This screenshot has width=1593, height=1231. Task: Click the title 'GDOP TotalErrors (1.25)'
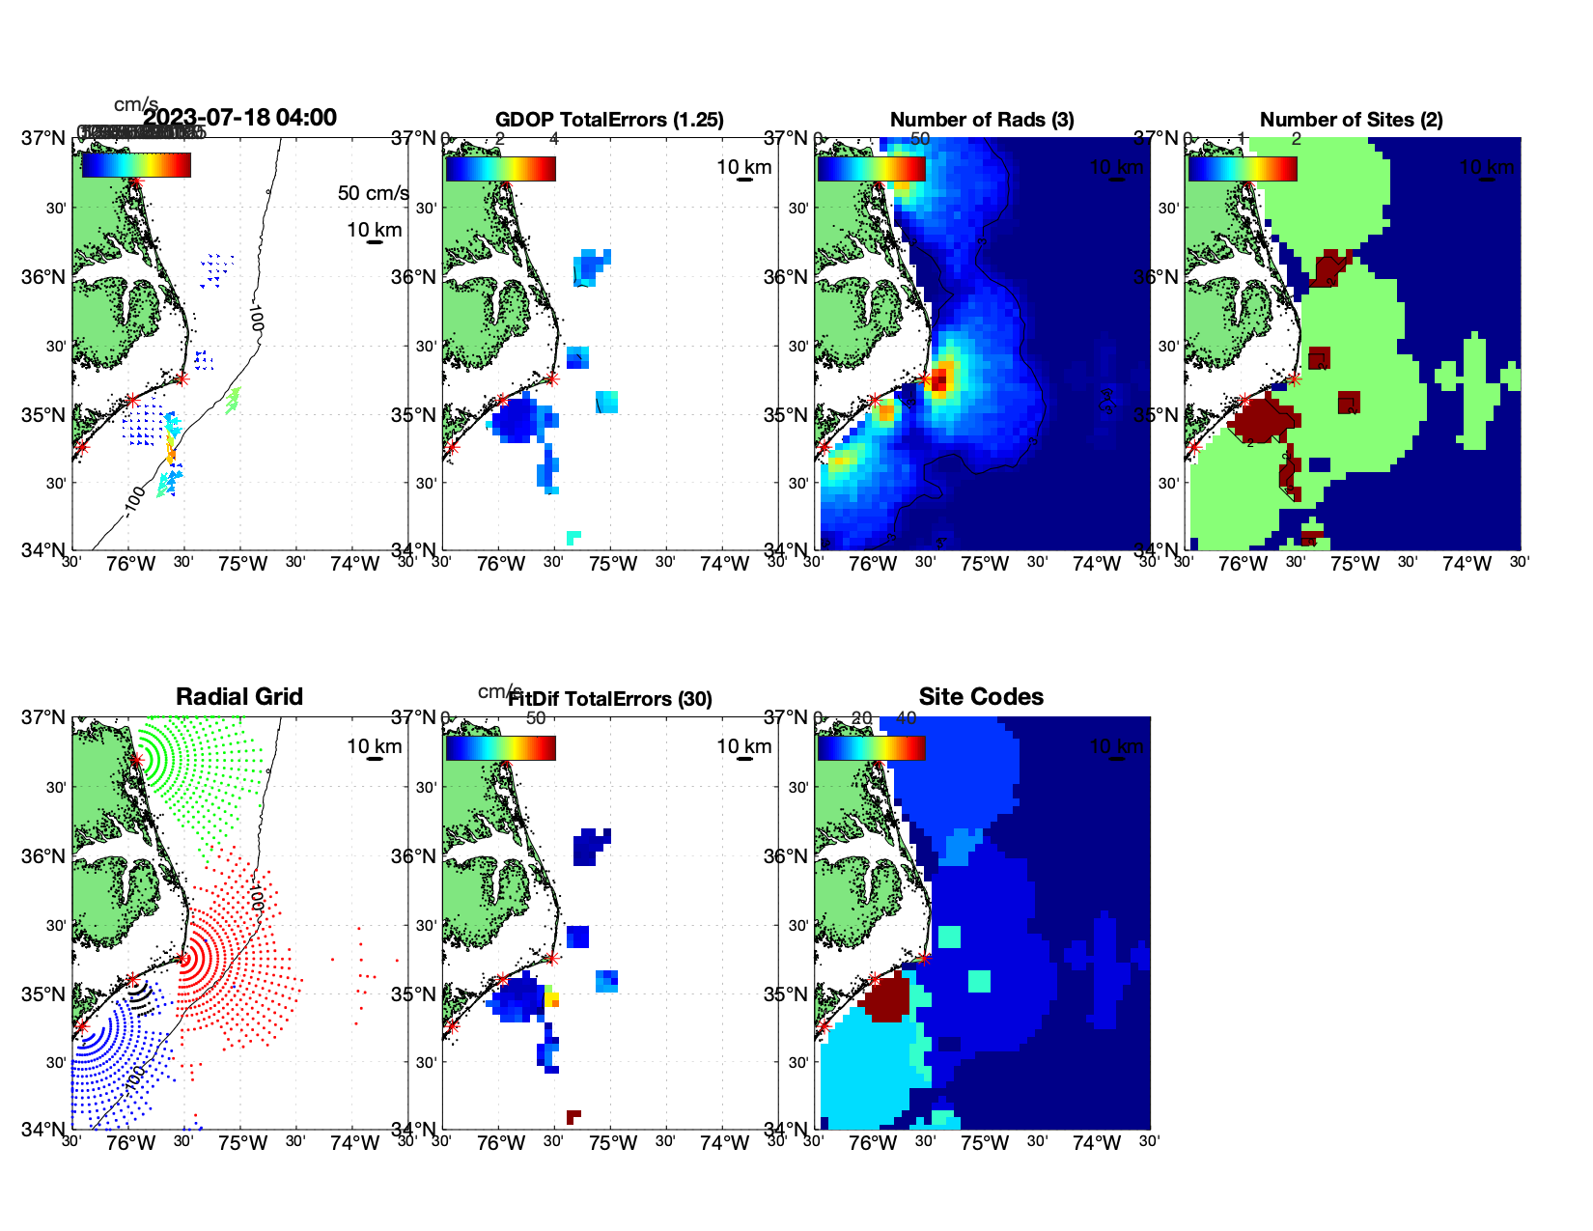(x=609, y=120)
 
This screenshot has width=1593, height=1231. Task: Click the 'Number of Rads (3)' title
(x=982, y=120)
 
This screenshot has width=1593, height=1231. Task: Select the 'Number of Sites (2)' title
(x=1352, y=120)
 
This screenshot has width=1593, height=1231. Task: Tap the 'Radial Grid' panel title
(x=239, y=697)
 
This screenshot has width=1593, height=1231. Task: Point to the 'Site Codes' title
(x=981, y=697)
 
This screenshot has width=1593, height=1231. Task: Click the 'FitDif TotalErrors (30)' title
(x=610, y=699)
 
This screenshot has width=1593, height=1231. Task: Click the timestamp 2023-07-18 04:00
(x=239, y=118)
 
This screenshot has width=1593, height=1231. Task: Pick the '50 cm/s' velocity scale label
(x=373, y=193)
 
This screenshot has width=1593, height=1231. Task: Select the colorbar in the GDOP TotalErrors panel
(x=500, y=169)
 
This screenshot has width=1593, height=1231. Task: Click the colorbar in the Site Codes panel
(x=871, y=748)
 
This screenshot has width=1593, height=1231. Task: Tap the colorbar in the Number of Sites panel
(x=1243, y=169)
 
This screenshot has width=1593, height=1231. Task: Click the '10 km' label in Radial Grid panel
(x=374, y=746)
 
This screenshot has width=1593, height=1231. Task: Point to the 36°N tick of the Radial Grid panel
(x=44, y=856)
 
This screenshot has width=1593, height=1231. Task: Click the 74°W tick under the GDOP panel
(x=724, y=564)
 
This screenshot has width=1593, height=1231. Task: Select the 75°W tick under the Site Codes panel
(x=985, y=1143)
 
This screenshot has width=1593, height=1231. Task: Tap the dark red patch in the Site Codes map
(x=886, y=997)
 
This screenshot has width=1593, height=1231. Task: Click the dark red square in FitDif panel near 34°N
(x=573, y=1117)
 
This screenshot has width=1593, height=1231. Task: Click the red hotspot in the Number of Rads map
(x=939, y=377)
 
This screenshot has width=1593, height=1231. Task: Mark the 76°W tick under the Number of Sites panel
(x=1243, y=564)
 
